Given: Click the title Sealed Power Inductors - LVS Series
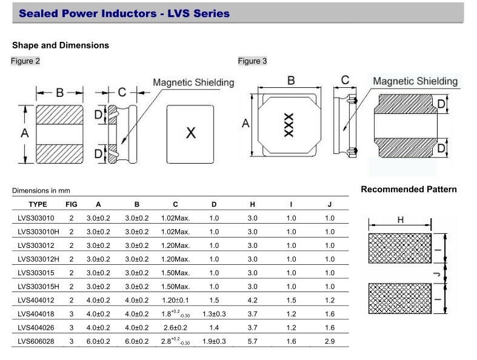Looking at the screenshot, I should coord(124,13).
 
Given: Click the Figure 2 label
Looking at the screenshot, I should coord(25,61).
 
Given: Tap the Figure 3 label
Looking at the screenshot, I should coord(252,61).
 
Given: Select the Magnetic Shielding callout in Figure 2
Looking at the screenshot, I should coord(193,82).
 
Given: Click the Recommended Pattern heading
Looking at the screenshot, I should coord(409,190).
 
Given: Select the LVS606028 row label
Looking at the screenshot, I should coord(37,342).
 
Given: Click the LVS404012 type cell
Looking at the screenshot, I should coord(37,300).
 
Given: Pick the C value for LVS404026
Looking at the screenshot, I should coord(175,328).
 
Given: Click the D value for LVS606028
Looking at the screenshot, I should coord(213,342).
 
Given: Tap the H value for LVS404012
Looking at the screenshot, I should coord(253,300).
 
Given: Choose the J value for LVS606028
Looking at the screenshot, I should coord(329,342).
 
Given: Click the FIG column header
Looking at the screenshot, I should coord(72,204).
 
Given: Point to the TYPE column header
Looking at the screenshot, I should coord(38,204).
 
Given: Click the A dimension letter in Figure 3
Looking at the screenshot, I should coord(245,124).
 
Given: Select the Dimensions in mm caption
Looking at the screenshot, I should coord(40,191).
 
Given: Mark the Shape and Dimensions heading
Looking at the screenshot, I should coord(61,45).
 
